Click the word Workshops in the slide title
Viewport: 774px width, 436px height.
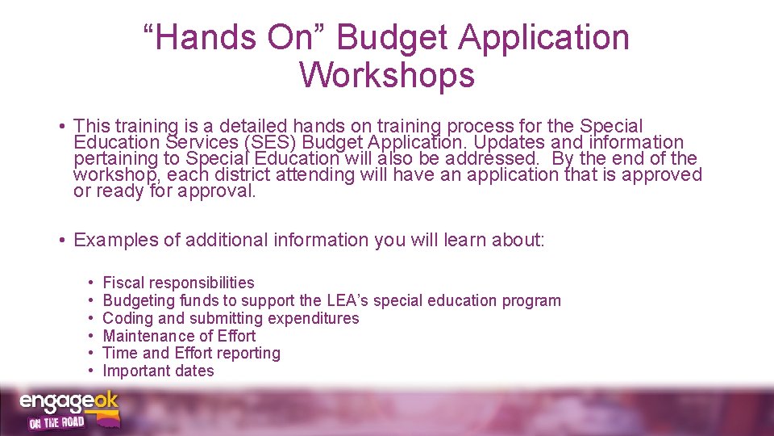tap(386, 75)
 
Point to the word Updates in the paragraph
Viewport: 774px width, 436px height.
tap(490, 142)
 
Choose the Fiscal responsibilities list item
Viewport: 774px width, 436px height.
tap(178, 283)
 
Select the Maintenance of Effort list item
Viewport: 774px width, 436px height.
tap(179, 336)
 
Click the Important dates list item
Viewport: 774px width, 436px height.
tap(158, 371)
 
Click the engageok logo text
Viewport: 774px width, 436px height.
tap(69, 401)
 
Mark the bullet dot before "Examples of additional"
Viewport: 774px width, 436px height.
tap(62, 241)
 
